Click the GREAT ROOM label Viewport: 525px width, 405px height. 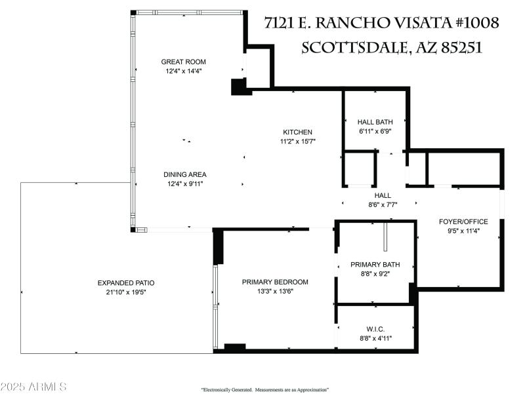point(183,62)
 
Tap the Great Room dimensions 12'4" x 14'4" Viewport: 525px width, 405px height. point(183,70)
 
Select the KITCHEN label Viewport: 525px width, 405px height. point(297,132)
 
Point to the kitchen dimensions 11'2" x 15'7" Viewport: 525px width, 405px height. point(298,141)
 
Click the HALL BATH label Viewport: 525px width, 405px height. point(375,122)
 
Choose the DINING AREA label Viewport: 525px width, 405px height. point(185,174)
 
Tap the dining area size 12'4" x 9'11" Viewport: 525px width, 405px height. point(185,183)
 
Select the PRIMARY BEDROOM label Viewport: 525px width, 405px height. point(275,282)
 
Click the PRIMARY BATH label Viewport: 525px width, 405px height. point(375,265)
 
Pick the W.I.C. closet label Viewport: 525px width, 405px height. point(375,329)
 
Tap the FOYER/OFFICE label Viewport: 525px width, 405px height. point(463,221)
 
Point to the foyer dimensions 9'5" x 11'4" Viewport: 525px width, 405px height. point(463,230)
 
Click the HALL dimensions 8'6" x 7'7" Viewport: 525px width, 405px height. point(383,204)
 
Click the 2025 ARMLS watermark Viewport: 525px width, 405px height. point(33,387)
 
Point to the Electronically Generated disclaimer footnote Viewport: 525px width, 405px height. point(264,389)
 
